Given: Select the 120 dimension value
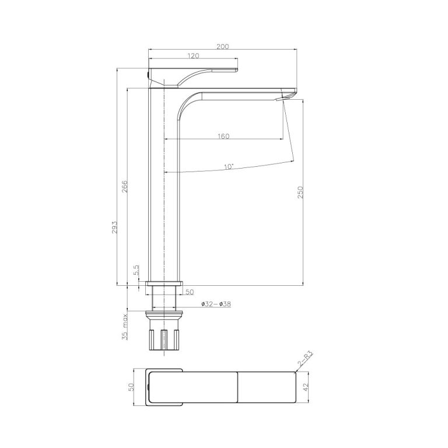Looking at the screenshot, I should [x=193, y=56].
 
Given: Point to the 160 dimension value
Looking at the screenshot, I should [x=223, y=136].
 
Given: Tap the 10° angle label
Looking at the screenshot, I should [x=229, y=167].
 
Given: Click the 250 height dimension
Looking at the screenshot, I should [x=300, y=193].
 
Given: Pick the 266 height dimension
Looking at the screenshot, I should [x=125, y=186].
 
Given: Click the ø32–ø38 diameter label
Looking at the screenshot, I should [x=216, y=304].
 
